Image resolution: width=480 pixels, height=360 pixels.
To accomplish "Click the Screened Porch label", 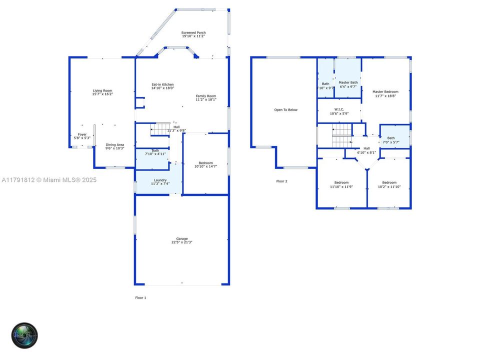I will (193, 33).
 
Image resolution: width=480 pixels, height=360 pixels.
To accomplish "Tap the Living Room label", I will (102, 90).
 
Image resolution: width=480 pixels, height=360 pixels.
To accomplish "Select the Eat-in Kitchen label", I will (162, 84).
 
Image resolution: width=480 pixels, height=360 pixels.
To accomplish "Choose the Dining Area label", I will (114, 145).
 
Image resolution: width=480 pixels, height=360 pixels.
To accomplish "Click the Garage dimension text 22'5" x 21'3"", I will (181, 242).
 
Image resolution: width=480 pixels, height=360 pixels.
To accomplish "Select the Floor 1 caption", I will (140, 297).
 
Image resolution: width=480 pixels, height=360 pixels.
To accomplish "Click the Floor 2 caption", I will (282, 181).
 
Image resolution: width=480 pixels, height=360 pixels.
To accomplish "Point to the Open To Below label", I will (285, 110).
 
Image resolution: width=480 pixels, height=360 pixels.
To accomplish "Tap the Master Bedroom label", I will (385, 92).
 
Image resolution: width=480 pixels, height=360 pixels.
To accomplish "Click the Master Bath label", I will (348, 82).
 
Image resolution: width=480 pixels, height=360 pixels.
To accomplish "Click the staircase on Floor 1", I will (160, 129).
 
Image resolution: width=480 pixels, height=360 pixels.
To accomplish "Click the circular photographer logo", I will (25, 335).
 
